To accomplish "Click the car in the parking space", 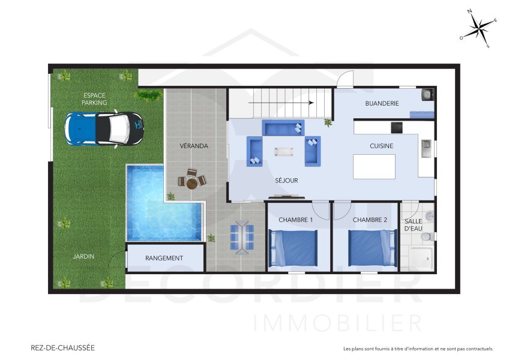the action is point(104,129).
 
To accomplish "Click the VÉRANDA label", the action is point(194,146).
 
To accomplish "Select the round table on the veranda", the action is point(192,184).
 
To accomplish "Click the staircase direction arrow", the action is point(281,103).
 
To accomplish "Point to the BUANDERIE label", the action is point(382,104).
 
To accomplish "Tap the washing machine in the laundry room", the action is point(427,94).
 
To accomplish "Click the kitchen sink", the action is point(426,148).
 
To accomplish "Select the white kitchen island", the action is point(375,167).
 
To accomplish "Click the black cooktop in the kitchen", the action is point(396,128).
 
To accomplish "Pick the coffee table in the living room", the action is point(284,152).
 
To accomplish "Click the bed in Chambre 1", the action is point(293,247).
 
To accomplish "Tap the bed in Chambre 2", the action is point(373,247).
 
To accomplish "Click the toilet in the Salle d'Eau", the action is point(427,236).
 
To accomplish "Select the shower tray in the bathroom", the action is point(422,258).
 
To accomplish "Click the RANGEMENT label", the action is point(164,258).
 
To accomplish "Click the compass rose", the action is point(478,29).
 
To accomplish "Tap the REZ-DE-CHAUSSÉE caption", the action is point(62,347).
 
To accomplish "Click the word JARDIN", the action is point(83,256).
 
